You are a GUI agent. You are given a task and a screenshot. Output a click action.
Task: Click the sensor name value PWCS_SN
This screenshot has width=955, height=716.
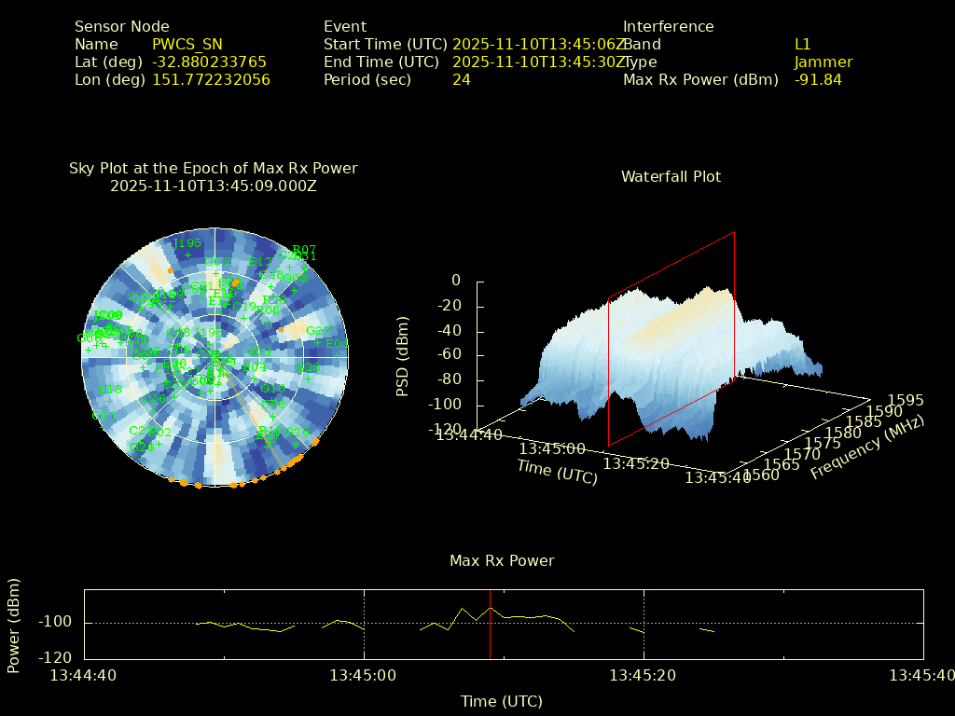187,45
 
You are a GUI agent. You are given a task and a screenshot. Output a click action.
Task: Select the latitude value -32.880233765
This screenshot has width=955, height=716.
209,62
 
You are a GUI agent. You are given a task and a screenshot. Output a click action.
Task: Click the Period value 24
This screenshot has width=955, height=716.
462,80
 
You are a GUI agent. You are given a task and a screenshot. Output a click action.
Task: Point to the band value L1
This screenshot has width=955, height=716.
803,45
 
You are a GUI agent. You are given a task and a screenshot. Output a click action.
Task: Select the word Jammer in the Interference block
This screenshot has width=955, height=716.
824,62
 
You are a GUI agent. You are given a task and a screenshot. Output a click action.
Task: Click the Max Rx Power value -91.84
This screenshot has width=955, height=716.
818,80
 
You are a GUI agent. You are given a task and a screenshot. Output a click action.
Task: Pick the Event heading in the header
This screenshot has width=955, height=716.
345,27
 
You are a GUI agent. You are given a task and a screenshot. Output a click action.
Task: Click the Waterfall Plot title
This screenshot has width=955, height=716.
671,177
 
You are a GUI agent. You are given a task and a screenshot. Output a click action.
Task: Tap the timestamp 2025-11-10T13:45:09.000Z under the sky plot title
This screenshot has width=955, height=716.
214,186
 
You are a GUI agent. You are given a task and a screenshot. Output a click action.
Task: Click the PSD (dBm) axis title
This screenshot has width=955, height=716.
403,355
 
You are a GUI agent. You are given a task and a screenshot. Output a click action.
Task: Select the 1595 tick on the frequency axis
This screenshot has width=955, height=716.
906,401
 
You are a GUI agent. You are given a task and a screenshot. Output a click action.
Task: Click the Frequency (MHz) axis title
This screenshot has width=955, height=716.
866,448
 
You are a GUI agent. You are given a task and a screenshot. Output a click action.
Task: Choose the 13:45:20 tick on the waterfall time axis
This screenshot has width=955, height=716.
636,463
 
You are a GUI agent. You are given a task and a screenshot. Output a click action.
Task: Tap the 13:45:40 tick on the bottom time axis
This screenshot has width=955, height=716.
922,675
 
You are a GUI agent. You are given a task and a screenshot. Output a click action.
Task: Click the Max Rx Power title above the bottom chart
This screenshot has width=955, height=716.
502,561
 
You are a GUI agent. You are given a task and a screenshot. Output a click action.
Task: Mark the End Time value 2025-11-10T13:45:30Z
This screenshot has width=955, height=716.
539,62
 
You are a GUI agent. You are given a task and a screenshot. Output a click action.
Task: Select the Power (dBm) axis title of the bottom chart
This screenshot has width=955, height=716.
14,625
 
